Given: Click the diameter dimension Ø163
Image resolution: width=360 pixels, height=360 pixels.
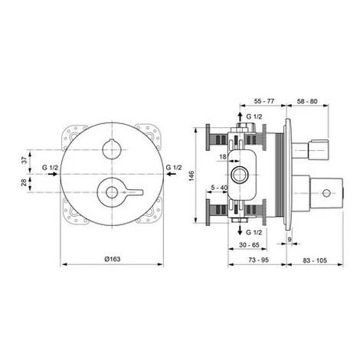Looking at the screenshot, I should (112, 260).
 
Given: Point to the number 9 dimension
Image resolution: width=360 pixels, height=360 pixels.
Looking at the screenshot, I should (290, 241).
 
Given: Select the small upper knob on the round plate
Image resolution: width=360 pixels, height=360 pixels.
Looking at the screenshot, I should (112, 146).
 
